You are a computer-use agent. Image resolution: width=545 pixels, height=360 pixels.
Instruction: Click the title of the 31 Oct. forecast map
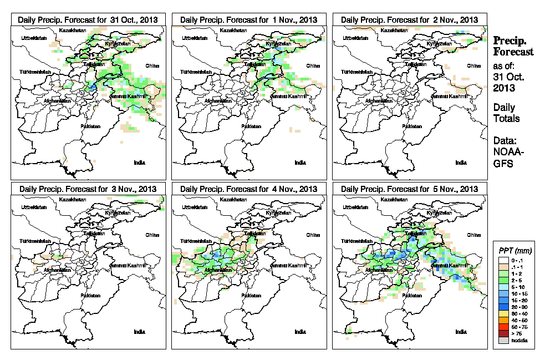[x=88, y=19]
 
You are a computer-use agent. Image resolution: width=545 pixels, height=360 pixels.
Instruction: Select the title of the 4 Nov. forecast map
[x=248, y=189]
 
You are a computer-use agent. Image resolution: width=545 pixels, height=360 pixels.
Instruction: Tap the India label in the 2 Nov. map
[x=461, y=163]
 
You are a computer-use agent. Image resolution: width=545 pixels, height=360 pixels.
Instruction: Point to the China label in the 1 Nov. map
[x=313, y=65]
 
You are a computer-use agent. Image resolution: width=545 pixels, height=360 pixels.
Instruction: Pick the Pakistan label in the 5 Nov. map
[x=411, y=296]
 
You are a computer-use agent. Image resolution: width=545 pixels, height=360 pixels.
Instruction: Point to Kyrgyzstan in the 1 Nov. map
[x=278, y=43]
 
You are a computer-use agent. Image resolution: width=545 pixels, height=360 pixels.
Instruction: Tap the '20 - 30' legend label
[x=522, y=307]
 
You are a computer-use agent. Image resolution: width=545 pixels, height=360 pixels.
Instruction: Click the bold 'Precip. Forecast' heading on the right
[x=513, y=47]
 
